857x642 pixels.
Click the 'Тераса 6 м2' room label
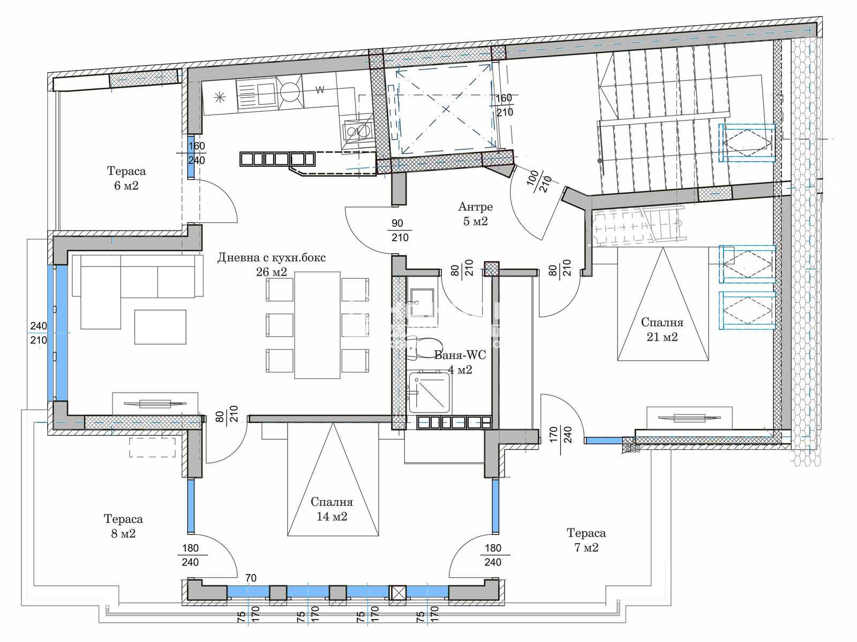coord(126,178)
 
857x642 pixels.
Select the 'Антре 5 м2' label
coord(475,213)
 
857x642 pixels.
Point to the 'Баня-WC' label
coord(460,355)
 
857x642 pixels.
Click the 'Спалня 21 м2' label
coord(662,330)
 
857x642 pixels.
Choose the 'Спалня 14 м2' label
coord(332,509)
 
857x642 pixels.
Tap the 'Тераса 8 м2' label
coord(123,526)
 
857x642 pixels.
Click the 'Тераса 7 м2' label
coord(586,540)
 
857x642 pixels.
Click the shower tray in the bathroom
coord(429,392)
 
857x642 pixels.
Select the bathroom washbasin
coord(422,302)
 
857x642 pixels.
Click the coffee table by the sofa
coord(160,327)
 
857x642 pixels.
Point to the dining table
coord(318,325)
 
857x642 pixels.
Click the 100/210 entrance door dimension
coord(539,181)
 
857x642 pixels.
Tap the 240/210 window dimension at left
coord(38,333)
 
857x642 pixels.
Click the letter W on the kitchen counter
coord(320,90)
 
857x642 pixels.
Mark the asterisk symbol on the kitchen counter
coord(220,97)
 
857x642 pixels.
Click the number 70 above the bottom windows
coord(251,578)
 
